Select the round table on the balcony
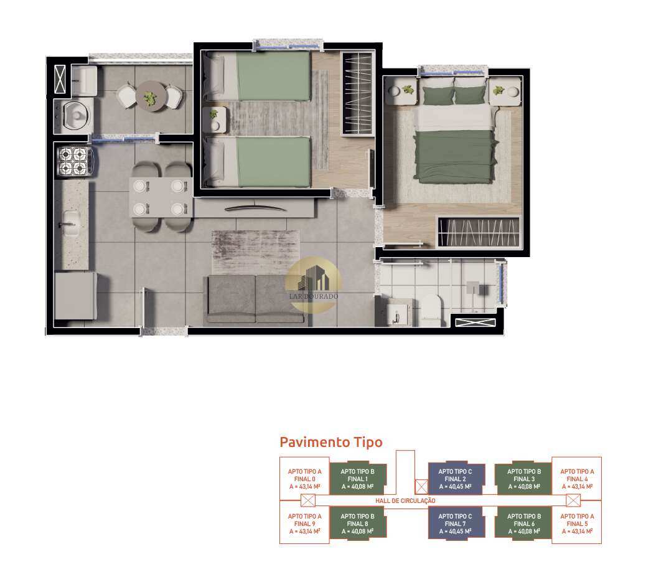pyautogui.click(x=151, y=96)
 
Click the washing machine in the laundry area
pyautogui.click(x=74, y=116)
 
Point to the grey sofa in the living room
pyautogui.click(x=255, y=299)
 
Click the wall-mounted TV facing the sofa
pyautogui.click(x=255, y=208)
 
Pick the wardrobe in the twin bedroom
pyautogui.click(x=358, y=93)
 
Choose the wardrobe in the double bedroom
pyautogui.click(x=479, y=232)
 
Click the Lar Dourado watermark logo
pyautogui.click(x=314, y=283)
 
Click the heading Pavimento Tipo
pyautogui.click(x=331, y=442)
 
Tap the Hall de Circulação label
pyautogui.click(x=405, y=501)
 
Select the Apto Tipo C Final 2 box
pyautogui.click(x=456, y=479)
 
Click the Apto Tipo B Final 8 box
pyautogui.click(x=358, y=523)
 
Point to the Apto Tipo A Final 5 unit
pyautogui.click(x=577, y=523)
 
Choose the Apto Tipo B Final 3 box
pyautogui.click(x=523, y=479)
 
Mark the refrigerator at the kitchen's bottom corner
pyautogui.click(x=75, y=296)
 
